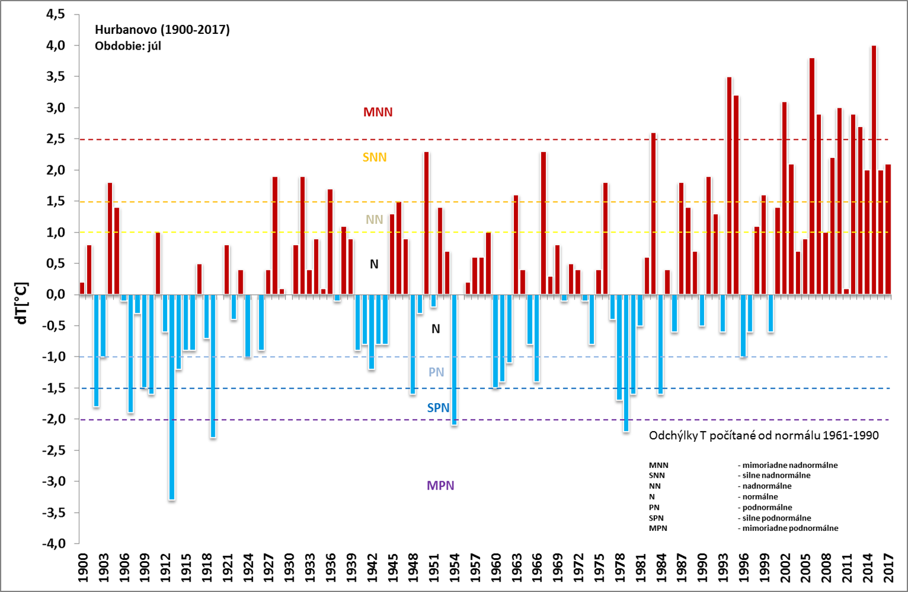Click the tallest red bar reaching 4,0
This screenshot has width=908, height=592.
click(x=873, y=169)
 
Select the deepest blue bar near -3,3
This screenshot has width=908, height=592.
click(x=172, y=397)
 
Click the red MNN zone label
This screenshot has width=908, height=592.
click(x=378, y=113)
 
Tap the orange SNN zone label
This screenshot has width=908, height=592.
click(x=374, y=157)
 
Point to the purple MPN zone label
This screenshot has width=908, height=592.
click(x=440, y=485)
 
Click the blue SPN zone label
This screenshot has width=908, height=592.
click(x=438, y=408)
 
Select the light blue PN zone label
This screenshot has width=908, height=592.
click(x=436, y=372)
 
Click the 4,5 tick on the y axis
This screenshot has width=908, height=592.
click(x=56, y=14)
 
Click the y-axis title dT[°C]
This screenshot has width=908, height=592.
click(x=22, y=303)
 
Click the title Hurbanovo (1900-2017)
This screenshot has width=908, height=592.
click(x=162, y=30)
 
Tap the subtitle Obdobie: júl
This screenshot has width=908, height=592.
click(x=128, y=46)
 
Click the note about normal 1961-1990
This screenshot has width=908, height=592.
click(x=763, y=436)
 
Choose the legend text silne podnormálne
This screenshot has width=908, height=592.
click(x=777, y=518)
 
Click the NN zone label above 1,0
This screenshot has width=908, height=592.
click(x=374, y=220)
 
